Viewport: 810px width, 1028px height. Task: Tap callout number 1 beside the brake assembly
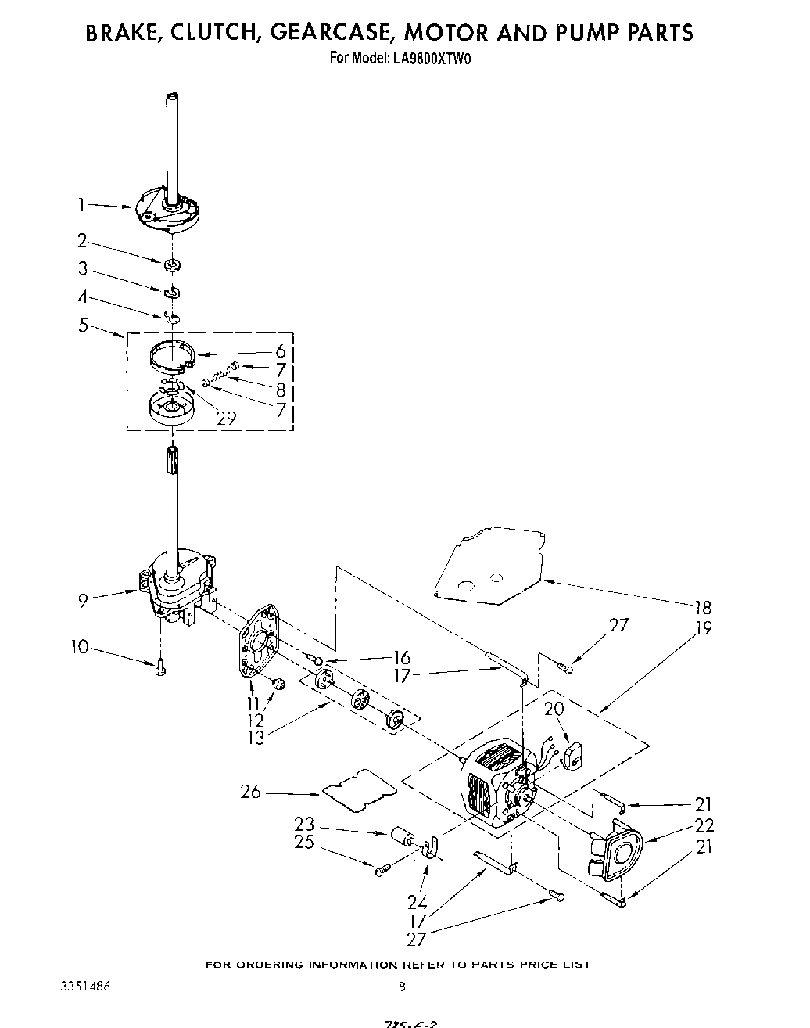click(81, 205)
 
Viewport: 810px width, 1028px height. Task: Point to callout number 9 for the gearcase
click(82, 601)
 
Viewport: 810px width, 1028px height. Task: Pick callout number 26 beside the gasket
click(250, 792)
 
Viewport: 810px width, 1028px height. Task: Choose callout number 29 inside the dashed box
click(226, 419)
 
